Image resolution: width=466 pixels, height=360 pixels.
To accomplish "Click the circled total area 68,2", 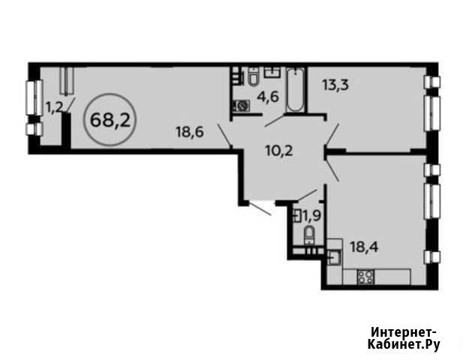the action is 110,120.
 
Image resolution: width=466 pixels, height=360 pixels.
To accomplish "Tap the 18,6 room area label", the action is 190,131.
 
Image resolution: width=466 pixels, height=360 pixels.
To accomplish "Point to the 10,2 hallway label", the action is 279,151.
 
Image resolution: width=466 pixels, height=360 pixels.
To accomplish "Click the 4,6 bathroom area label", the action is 268,97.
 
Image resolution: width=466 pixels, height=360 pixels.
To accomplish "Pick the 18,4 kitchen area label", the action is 364,247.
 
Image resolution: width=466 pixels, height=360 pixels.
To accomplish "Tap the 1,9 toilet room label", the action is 311,216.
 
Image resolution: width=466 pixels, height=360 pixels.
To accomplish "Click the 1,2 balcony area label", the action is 55,107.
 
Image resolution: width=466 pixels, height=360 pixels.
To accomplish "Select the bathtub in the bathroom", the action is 296,90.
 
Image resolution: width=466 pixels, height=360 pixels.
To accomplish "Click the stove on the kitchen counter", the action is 366,277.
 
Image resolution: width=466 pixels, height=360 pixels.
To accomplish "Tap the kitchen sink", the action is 335,257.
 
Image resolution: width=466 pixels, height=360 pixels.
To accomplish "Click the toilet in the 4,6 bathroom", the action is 253,76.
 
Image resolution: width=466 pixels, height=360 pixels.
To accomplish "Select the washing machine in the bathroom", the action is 241,106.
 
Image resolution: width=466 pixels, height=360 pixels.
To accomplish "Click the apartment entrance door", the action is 260,208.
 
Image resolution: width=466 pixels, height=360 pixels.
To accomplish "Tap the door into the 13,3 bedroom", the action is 333,135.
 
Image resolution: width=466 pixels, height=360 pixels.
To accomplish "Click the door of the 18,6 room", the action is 224,135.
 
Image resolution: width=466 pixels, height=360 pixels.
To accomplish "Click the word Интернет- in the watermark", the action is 404,331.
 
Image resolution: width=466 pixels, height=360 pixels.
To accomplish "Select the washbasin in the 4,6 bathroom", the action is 272,72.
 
